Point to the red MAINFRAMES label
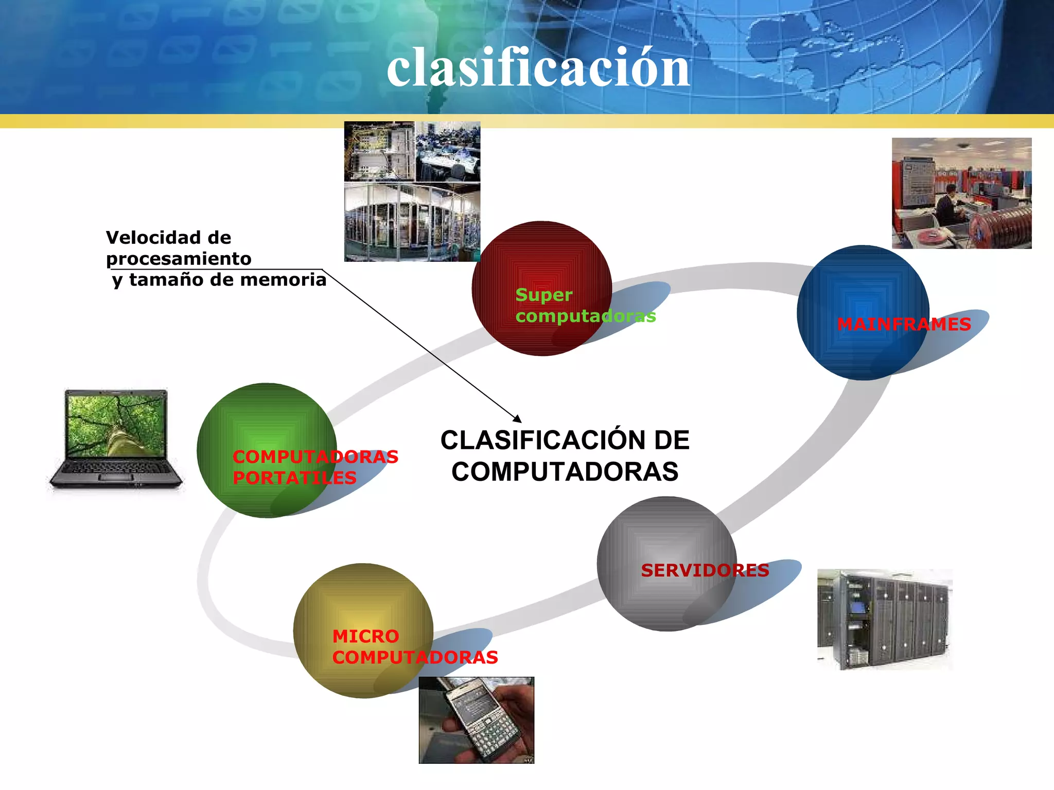pyautogui.click(x=904, y=325)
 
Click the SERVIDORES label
pyautogui.click(x=705, y=570)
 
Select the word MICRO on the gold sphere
pyautogui.click(x=365, y=637)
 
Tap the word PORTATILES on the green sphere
pyautogui.click(x=294, y=478)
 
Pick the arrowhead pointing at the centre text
pyautogui.click(x=517, y=419)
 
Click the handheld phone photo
pyautogui.click(x=476, y=720)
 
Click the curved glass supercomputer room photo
pyautogui.click(x=412, y=222)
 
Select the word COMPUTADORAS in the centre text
pyautogui.click(x=565, y=472)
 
